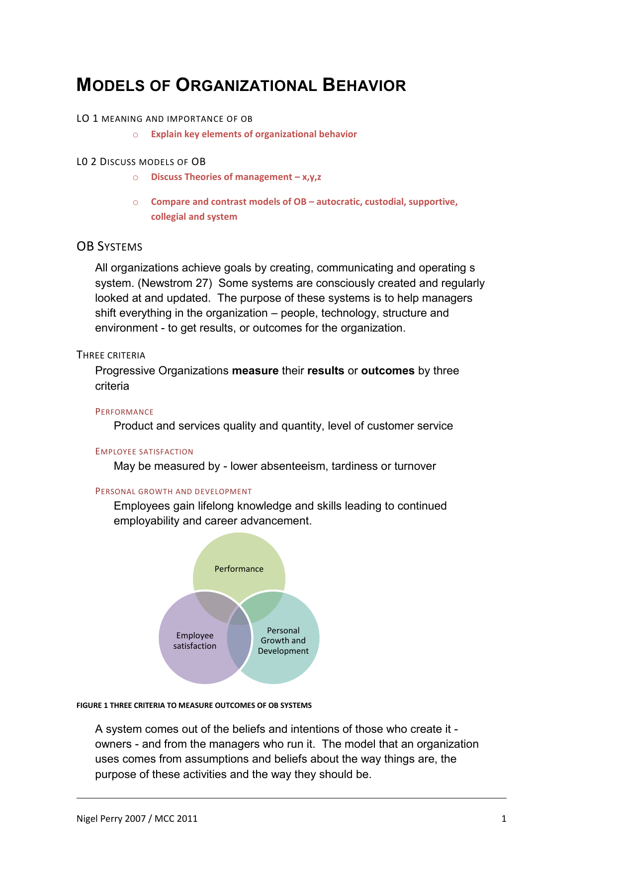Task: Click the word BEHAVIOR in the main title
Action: click(x=364, y=85)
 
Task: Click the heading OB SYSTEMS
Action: click(x=109, y=247)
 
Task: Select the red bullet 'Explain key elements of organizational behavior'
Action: click(x=254, y=134)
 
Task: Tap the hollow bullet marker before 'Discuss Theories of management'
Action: click(x=135, y=177)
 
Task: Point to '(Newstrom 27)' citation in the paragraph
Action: click(x=175, y=283)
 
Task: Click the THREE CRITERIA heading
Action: click(x=111, y=355)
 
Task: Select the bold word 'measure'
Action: click(x=255, y=371)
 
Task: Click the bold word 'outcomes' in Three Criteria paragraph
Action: click(x=387, y=371)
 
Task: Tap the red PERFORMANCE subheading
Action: click(x=124, y=412)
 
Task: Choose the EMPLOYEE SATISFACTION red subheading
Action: click(x=144, y=451)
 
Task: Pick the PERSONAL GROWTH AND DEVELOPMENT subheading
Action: click(x=174, y=491)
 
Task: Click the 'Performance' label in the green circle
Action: click(x=239, y=569)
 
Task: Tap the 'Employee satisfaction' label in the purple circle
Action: click(x=195, y=641)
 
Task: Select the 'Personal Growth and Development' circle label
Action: click(x=283, y=641)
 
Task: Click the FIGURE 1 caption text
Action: click(x=194, y=705)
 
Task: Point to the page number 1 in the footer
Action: click(x=504, y=819)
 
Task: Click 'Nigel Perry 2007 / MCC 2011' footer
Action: click(x=137, y=819)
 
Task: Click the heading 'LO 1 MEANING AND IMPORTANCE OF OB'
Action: click(x=164, y=119)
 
